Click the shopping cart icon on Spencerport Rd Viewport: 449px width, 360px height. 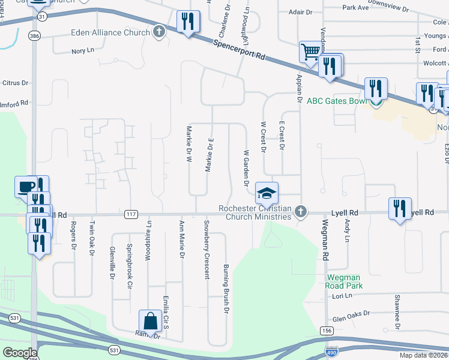(310, 52)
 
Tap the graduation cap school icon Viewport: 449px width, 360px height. (267, 193)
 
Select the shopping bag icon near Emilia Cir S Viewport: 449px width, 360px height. (149, 320)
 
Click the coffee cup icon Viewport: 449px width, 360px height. (25, 187)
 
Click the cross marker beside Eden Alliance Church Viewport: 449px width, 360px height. (159, 31)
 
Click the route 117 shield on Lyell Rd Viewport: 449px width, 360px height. (131, 214)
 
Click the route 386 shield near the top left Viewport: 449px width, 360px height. (35, 37)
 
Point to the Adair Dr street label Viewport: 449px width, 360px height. (301, 11)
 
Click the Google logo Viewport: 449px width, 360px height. (20, 352)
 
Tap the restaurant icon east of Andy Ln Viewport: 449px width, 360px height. (400, 208)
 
